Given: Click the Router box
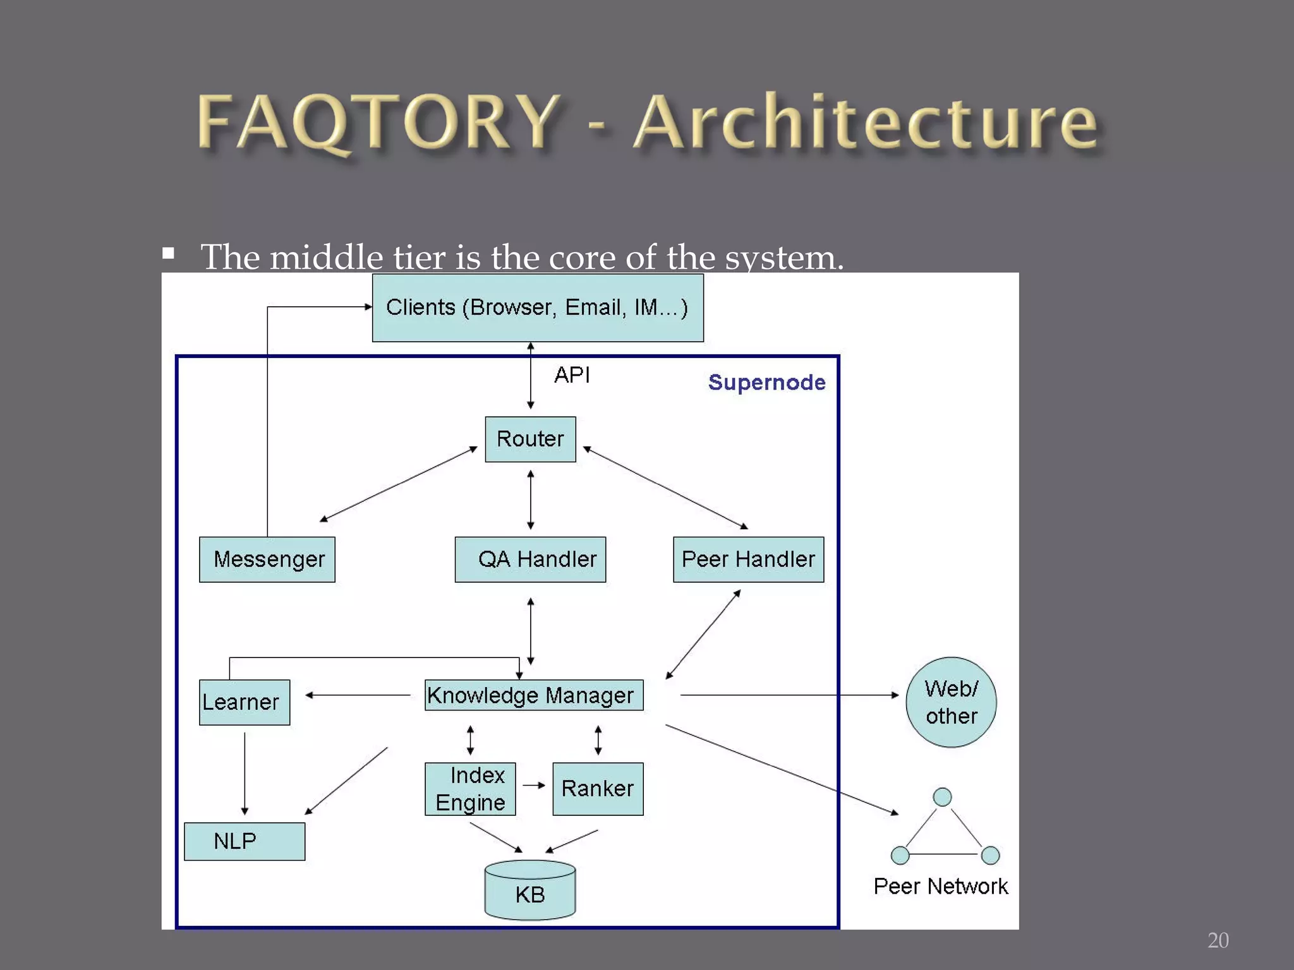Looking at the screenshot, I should click(530, 439).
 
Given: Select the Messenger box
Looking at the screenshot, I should click(267, 560).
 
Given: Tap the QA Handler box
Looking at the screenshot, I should click(530, 560).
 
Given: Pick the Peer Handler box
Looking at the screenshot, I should click(748, 560).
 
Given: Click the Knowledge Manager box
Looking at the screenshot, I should click(534, 695).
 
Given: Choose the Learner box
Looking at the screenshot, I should click(245, 702).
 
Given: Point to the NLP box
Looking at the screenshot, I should click(245, 841).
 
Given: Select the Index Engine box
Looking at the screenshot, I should click(470, 789).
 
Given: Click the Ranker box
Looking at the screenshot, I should click(598, 789).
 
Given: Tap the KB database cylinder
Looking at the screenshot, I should click(530, 890).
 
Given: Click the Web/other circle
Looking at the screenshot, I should click(951, 702).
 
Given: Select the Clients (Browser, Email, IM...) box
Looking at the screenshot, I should click(538, 308).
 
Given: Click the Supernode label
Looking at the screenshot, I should click(766, 383).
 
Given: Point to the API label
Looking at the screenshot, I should click(572, 375).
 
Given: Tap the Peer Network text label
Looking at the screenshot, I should click(940, 887).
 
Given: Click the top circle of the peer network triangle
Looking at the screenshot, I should click(942, 797).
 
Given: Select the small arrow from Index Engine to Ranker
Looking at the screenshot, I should click(534, 785).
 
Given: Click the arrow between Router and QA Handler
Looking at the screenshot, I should click(530, 500).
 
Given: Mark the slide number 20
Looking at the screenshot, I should click(1218, 940).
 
